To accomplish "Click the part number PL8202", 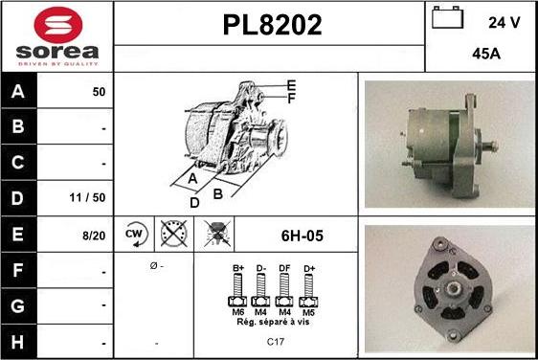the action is [273, 25].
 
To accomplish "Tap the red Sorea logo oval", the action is [58, 25].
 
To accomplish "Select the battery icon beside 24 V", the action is [447, 17].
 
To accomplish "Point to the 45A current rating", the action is [486, 54].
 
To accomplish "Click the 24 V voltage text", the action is [504, 23].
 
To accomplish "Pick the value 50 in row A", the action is [99, 92].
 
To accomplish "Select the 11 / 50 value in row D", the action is [87, 197].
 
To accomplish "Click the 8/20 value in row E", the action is [94, 236].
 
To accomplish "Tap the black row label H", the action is [17, 342].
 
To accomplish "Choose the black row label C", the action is [17, 163].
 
